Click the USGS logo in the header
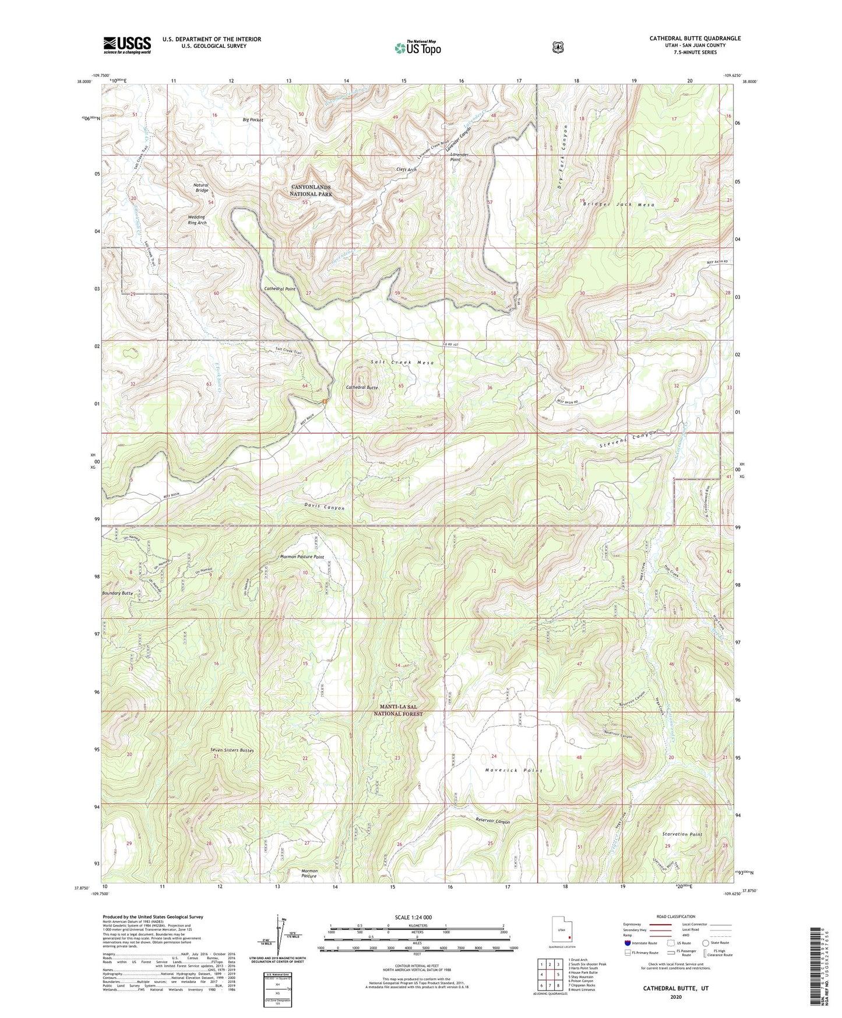[127, 45]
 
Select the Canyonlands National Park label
[312, 190]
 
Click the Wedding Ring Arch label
[197, 220]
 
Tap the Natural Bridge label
[201, 188]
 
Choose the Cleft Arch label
[406, 170]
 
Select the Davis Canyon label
[324, 508]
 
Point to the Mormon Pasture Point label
[302, 557]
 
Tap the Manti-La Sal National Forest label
[399, 710]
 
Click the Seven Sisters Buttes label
[232, 750]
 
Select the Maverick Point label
[515, 770]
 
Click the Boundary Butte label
[118, 593]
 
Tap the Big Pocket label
[253, 120]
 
